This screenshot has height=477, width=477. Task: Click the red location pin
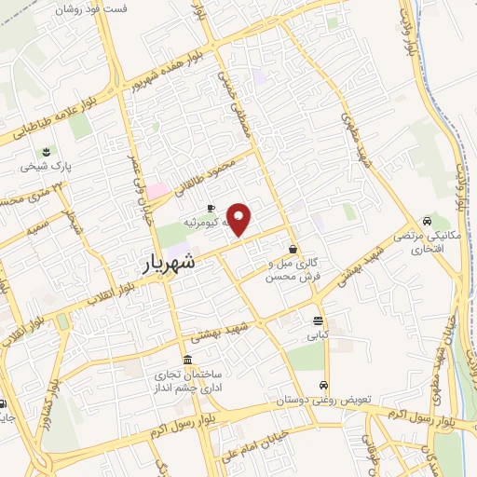pyautogui.click(x=240, y=219)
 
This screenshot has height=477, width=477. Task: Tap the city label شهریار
pyautogui.click(x=171, y=264)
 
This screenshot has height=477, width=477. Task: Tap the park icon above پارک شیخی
pyautogui.click(x=43, y=152)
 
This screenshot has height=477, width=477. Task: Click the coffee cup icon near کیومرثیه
pyautogui.click(x=211, y=208)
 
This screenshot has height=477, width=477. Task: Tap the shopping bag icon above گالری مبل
pyautogui.click(x=293, y=249)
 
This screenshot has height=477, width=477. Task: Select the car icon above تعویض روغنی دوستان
pyautogui.click(x=323, y=386)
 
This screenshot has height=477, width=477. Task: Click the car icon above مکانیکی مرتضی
pyautogui.click(x=426, y=222)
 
